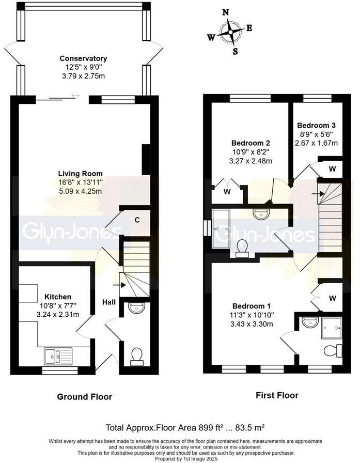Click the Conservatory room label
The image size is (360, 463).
[83, 58]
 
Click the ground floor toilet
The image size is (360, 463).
[137, 356]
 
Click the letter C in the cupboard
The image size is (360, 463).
[137, 220]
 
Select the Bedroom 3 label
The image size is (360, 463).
[316, 126]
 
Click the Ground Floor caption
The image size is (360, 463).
[85, 397]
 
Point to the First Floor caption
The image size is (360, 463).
[277, 395]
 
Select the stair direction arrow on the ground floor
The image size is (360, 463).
[123, 284]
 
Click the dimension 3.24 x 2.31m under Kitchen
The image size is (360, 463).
[57, 314]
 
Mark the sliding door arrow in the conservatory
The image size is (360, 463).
[76, 96]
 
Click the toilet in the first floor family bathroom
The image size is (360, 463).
[241, 249]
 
